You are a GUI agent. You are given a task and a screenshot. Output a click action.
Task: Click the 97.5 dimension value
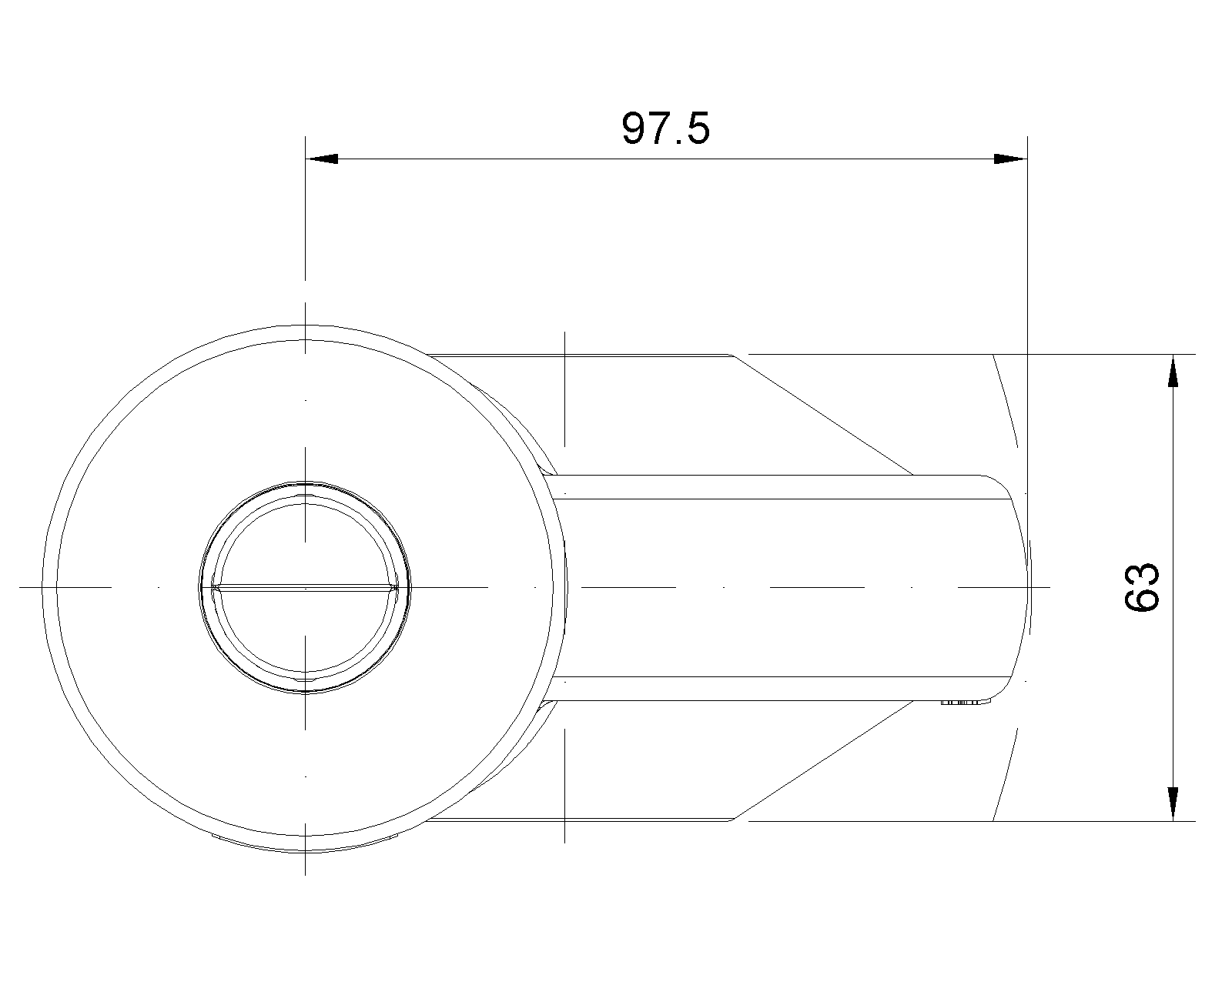pyautogui.click(x=666, y=129)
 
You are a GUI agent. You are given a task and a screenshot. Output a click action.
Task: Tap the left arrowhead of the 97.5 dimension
pyautogui.click(x=322, y=159)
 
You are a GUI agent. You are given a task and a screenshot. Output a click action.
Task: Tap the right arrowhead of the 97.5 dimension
pyautogui.click(x=1010, y=159)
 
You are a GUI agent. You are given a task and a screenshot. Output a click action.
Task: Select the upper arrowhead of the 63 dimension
pyautogui.click(x=1173, y=371)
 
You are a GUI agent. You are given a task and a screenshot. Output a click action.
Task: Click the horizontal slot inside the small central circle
pyautogui.click(x=305, y=587)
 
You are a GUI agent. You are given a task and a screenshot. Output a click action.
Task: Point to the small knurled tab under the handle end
pyautogui.click(x=966, y=703)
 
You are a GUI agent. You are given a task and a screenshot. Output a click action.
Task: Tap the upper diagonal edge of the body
pyautogui.click(x=823, y=415)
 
